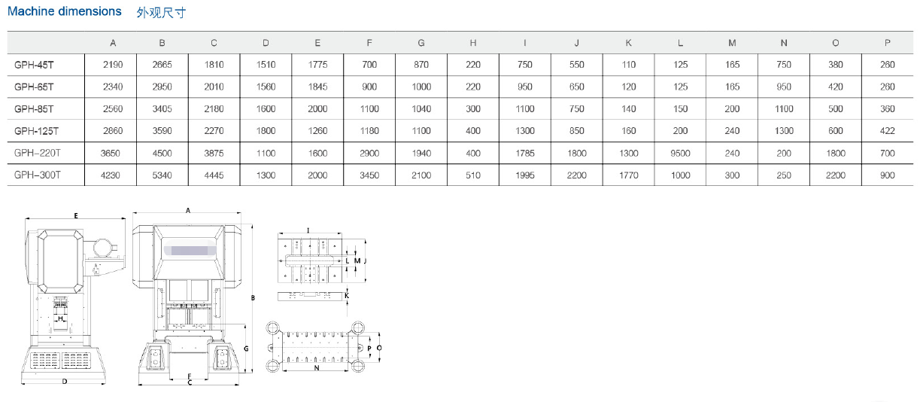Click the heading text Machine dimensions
click(64, 11)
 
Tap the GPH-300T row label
click(37, 175)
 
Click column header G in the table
click(421, 43)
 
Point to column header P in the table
click(887, 43)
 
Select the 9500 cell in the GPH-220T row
click(680, 154)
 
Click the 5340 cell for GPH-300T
click(162, 175)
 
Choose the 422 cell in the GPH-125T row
click(887, 131)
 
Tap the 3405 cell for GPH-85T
click(162, 109)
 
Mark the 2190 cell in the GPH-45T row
click(113, 65)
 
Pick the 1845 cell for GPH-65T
click(317, 87)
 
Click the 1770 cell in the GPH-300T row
click(628, 175)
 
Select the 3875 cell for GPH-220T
click(214, 154)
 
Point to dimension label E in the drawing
click(76, 215)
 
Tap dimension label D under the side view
click(65, 382)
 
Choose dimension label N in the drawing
click(316, 368)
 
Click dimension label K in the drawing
click(346, 296)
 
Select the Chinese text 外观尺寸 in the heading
click(161, 13)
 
